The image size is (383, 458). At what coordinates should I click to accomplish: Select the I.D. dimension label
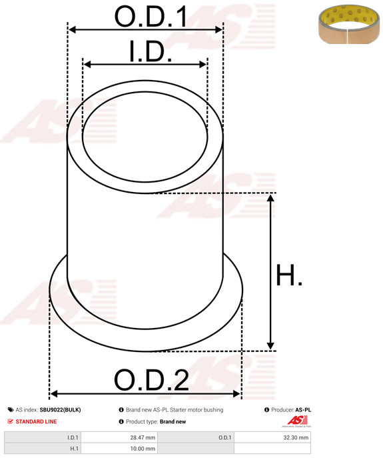coord(150,51)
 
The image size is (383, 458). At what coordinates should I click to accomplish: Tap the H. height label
coord(289,275)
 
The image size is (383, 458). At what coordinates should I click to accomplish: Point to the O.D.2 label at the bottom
coord(151,381)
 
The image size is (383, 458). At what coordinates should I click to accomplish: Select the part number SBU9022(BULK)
coord(60,410)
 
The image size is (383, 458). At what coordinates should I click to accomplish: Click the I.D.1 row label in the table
coord(73,437)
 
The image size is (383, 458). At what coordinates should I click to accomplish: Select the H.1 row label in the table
coord(75,449)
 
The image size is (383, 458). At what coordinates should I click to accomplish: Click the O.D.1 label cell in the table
coord(224,437)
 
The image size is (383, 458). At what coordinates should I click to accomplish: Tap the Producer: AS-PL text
coord(291,410)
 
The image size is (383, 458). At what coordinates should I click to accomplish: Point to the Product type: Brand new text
coord(156,421)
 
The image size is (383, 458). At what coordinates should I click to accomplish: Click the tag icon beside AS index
coord(11,410)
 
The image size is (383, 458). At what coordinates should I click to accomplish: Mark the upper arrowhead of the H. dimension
coord(270,198)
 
